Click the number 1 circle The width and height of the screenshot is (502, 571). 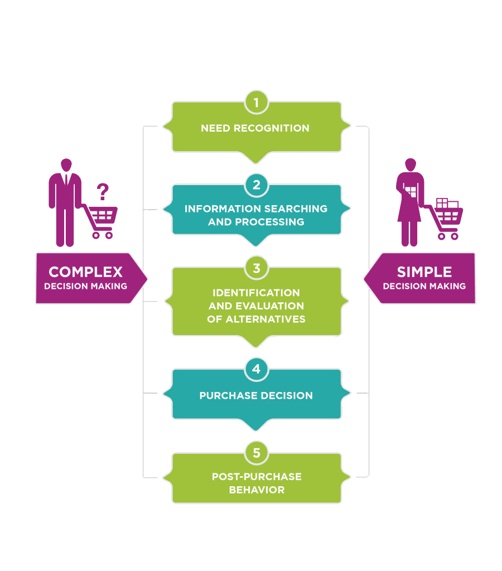coord(256,103)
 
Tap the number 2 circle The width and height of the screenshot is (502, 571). coord(256,185)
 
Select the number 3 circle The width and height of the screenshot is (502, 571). coord(256,268)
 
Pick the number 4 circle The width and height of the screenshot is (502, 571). coord(256,369)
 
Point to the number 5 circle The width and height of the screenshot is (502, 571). coord(256,453)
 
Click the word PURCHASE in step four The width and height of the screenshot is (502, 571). coord(226,395)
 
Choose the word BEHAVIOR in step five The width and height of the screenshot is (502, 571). coord(257,490)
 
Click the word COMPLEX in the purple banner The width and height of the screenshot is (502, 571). coord(85,272)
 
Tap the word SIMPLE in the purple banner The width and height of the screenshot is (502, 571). coord(424,272)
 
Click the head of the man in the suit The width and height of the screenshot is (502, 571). coord(66,165)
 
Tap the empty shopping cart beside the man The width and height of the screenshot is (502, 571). coord(103,219)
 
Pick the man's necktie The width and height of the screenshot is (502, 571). coord(66,181)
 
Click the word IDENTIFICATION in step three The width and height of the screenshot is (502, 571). coord(256,293)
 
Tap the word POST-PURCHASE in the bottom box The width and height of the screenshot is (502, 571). coord(257,477)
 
